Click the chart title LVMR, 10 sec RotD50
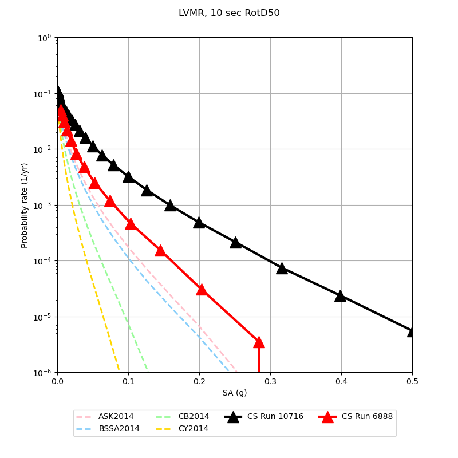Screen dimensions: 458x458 (229, 13)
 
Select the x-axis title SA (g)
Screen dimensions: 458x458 (235, 393)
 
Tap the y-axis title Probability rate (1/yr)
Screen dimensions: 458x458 (25, 205)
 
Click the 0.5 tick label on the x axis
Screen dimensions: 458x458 (412, 381)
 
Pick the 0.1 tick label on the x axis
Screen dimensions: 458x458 (128, 381)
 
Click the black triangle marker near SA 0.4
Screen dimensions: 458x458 (340, 295)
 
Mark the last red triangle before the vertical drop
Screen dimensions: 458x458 (258, 342)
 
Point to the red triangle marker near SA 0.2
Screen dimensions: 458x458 (201, 289)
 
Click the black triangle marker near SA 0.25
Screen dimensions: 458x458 (235, 242)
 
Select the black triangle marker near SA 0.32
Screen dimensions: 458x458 (282, 268)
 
